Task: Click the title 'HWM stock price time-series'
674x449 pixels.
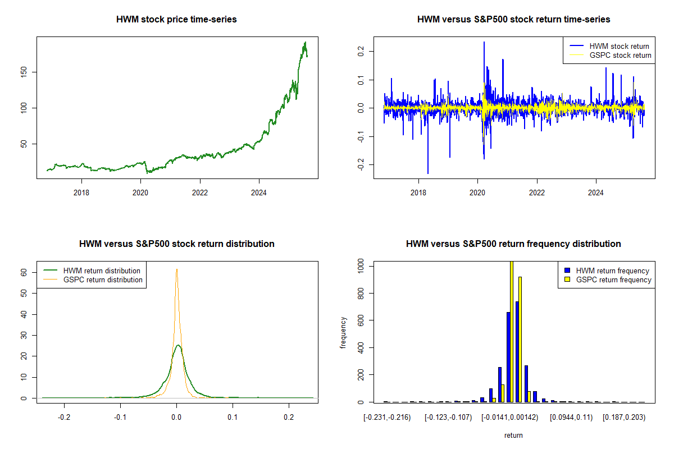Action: pyautogui.click(x=176, y=19)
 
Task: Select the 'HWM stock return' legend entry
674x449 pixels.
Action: pyautogui.click(x=609, y=47)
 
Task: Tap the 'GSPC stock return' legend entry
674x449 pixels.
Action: pyautogui.click(x=611, y=56)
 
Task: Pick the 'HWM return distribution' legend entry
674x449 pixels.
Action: pyautogui.click(x=92, y=271)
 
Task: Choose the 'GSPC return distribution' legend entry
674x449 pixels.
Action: pyautogui.click(x=93, y=280)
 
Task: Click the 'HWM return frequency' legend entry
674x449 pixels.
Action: pyautogui.click(x=607, y=271)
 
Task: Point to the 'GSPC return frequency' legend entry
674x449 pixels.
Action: pyautogui.click(x=608, y=280)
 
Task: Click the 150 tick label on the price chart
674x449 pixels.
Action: pyautogui.click(x=24, y=72)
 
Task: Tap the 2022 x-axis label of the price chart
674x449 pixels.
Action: pyautogui.click(x=200, y=193)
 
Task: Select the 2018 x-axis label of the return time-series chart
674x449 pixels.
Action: pyautogui.click(x=418, y=193)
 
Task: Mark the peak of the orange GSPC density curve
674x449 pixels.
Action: pyautogui.click(x=176, y=269)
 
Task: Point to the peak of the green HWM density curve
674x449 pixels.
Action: pyautogui.click(x=178, y=345)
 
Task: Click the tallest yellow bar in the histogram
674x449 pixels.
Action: pyautogui.click(x=512, y=332)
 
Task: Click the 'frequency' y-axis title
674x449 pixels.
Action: pyautogui.click(x=343, y=333)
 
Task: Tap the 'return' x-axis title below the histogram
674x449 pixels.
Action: pyautogui.click(x=513, y=435)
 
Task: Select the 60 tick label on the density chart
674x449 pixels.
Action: pyautogui.click(x=24, y=272)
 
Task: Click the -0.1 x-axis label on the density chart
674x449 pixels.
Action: pyautogui.click(x=120, y=418)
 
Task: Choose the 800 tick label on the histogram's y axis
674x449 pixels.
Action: pyautogui.click(x=361, y=293)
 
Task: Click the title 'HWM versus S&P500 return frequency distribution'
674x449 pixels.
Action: pyautogui.click(x=513, y=244)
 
